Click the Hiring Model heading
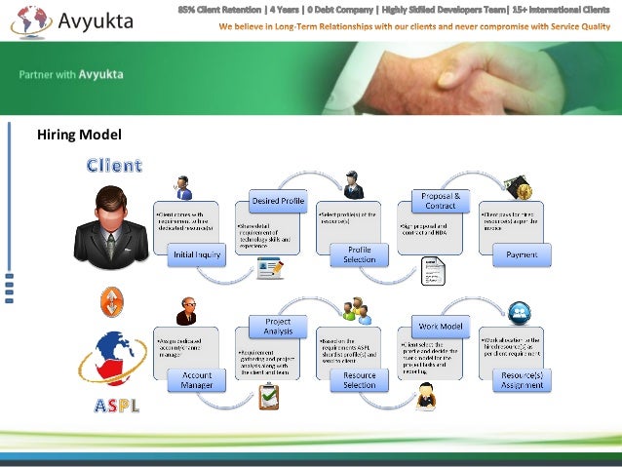pos(79,136)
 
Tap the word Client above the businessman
pos(114,165)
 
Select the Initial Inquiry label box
pos(196,254)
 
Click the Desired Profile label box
pos(279,201)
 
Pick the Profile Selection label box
pos(359,254)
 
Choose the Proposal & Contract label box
pos(440,201)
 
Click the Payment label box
pos(522,254)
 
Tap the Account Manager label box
pos(196,379)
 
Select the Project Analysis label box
pos(279,326)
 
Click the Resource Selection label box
pos(359,379)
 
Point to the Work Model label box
pos(440,326)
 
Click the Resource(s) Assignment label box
pos(522,379)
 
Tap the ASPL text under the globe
pos(116,405)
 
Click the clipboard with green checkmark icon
pos(269,395)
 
